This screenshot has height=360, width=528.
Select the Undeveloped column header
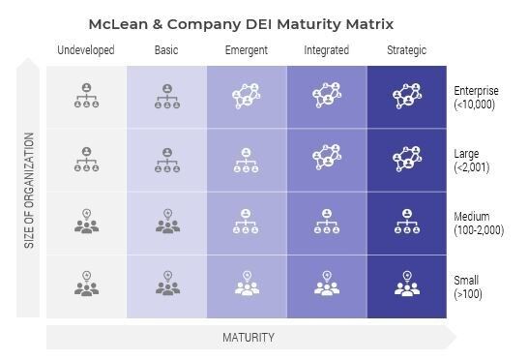[x=86, y=50]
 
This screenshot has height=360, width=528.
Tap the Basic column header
[x=166, y=50]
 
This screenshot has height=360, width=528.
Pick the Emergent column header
[x=247, y=50]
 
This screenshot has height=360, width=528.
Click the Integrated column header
[x=327, y=50]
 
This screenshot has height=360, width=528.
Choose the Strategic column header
[x=406, y=50]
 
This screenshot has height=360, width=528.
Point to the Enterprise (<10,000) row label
[x=475, y=98]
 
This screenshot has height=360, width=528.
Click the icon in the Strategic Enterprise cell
[x=406, y=97]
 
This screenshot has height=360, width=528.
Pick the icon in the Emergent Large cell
[x=247, y=160]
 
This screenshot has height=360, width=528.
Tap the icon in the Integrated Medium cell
[x=327, y=222]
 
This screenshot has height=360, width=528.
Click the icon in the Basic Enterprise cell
[x=166, y=97]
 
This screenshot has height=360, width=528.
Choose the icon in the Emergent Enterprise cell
[x=247, y=97]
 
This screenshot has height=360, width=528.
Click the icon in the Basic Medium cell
[x=166, y=222]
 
